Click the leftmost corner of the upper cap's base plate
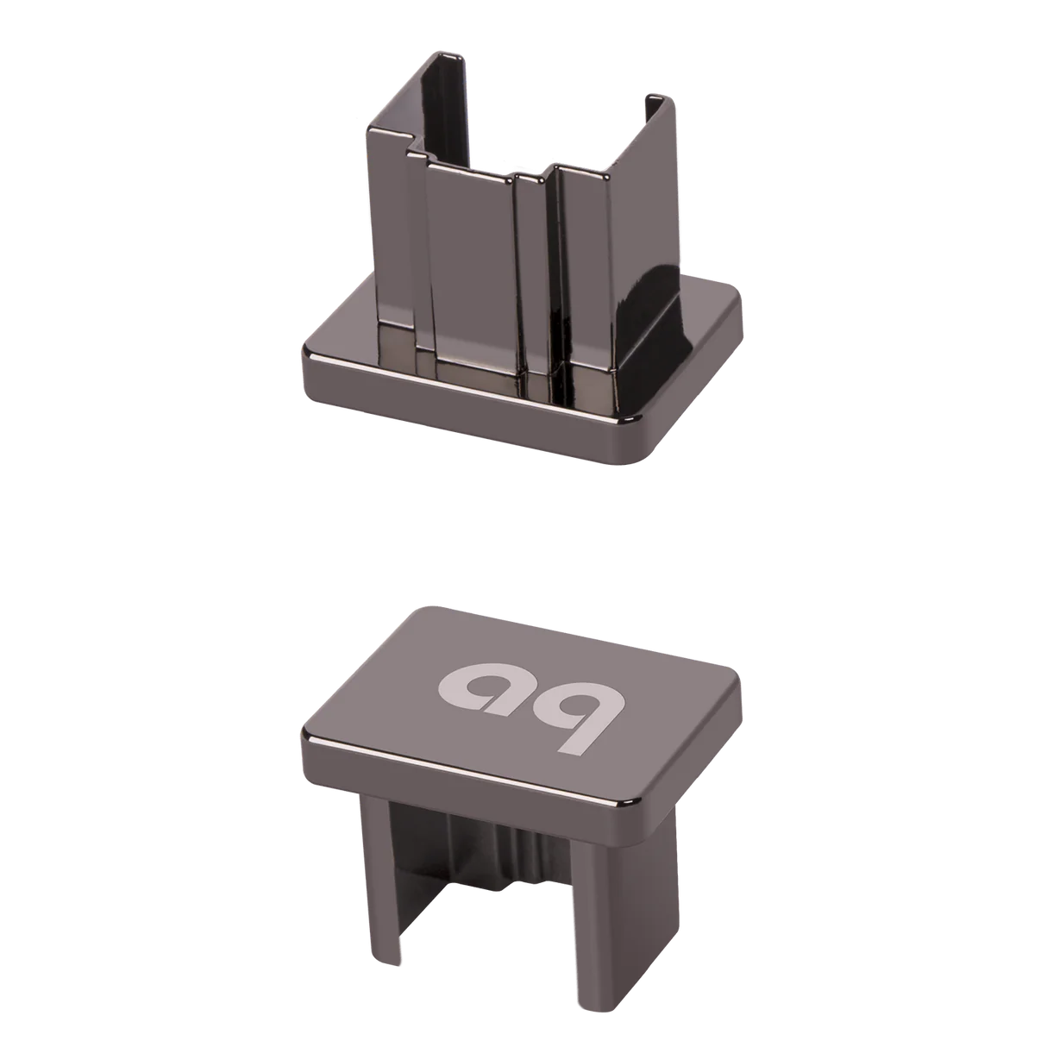tap(304, 354)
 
